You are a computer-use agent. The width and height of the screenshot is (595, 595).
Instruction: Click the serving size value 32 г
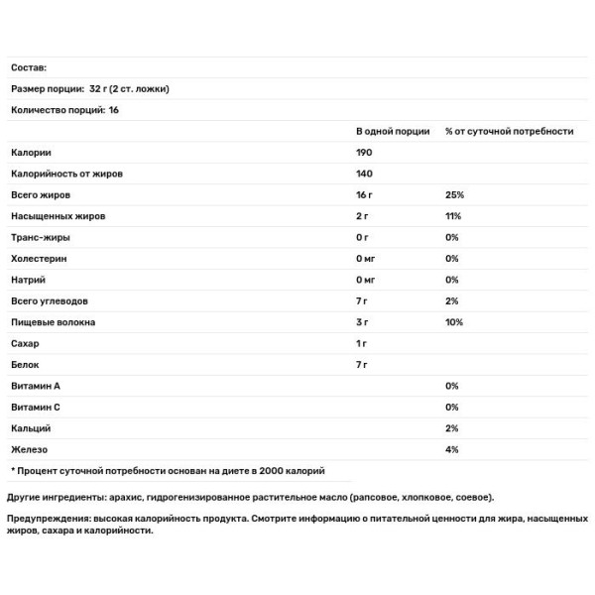point(94,88)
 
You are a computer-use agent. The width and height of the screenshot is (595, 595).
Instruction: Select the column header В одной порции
point(393,131)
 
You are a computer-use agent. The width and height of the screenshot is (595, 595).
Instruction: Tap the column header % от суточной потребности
point(509,131)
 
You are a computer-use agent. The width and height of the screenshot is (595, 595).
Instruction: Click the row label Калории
point(31,153)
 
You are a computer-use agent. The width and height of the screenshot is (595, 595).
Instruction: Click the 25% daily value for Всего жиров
point(455,195)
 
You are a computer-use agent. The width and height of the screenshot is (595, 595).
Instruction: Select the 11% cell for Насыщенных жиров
point(454,216)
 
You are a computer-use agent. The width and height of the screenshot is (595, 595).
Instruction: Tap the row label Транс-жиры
point(41,238)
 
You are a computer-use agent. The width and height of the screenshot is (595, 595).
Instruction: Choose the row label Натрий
point(29,281)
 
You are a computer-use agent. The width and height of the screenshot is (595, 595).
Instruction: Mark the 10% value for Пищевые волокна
point(455,323)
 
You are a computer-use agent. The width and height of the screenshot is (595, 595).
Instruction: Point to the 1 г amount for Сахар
point(362,344)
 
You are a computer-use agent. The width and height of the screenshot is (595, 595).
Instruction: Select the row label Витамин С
point(38,408)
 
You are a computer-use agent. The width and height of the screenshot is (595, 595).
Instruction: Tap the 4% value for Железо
point(452,450)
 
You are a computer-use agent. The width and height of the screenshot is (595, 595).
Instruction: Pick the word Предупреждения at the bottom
point(52,518)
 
